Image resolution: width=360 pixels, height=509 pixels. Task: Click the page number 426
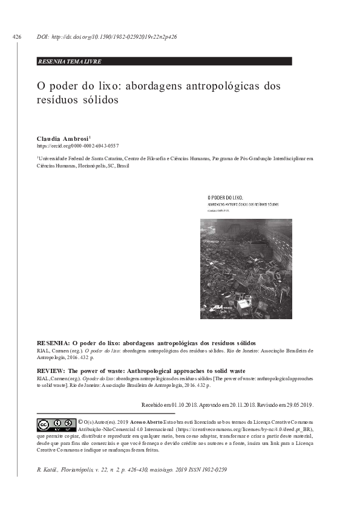(16, 37)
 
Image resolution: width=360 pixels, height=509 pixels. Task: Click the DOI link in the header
(106, 37)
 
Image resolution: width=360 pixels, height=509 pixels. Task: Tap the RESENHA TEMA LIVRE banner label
(70, 62)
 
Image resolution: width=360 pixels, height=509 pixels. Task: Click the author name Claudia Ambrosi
(62, 138)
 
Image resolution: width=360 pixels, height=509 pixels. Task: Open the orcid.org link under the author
(77, 146)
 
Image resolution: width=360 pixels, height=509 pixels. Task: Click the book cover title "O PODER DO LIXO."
(225, 197)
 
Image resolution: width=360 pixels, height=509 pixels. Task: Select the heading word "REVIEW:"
(52, 369)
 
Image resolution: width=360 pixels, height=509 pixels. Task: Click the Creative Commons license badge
(55, 424)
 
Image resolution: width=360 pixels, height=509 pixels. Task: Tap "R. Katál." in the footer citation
(50, 470)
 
